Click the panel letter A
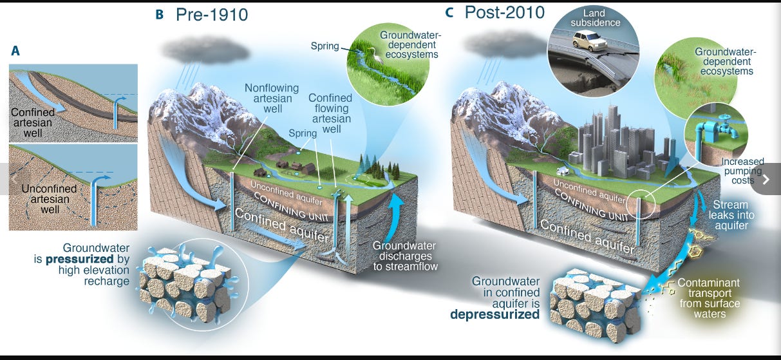click(x=15, y=50)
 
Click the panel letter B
click(x=159, y=14)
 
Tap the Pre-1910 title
click(x=212, y=14)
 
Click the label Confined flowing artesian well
click(x=330, y=113)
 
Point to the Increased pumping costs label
click(x=742, y=171)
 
